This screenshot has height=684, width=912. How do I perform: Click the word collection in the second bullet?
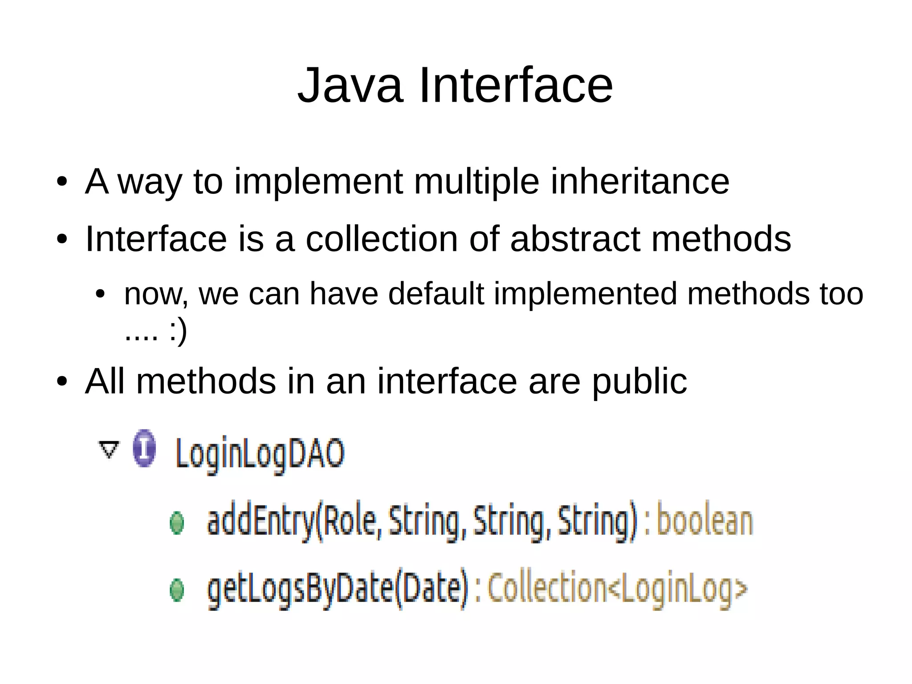coord(382,239)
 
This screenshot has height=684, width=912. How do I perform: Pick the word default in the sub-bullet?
coord(436,294)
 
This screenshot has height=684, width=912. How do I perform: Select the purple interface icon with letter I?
coord(145,448)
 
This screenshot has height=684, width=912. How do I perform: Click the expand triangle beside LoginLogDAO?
coord(109,449)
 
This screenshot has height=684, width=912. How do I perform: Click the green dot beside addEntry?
coord(177,523)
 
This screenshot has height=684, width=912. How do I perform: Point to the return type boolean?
coord(705,521)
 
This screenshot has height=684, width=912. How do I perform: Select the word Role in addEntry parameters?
coord(349,521)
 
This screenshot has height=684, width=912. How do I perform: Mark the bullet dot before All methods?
coord(62,382)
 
